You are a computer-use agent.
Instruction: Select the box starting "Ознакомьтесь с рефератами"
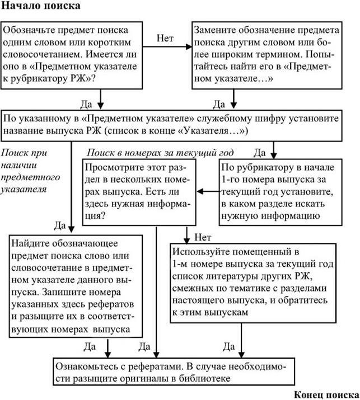click(x=178, y=372)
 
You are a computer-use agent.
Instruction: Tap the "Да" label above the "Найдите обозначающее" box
click(x=60, y=225)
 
